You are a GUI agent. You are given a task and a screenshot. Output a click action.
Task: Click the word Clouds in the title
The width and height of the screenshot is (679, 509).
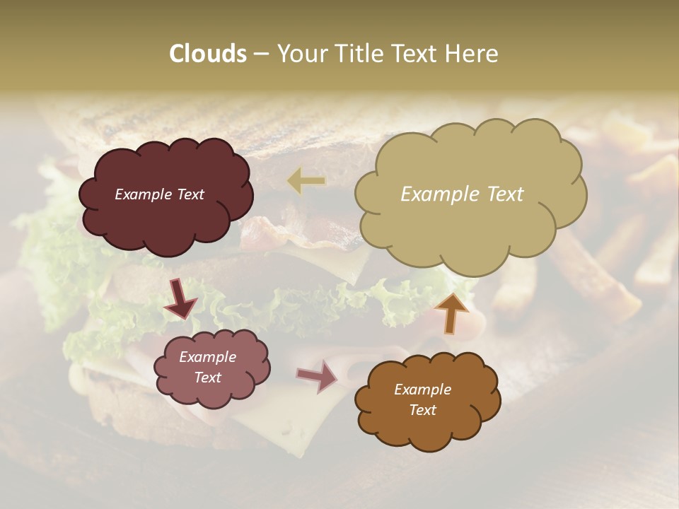coord(207,54)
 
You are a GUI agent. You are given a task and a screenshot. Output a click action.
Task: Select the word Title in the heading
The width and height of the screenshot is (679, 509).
coord(356,54)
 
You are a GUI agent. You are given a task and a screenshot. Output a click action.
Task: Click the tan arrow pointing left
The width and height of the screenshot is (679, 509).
coord(306,181)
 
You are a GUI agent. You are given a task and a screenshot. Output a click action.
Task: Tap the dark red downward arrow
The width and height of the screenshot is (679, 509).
coord(182,298)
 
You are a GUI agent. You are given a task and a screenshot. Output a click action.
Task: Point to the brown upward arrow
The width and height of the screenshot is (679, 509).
coord(451,312)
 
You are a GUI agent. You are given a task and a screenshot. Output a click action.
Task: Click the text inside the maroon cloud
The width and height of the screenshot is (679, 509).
coord(159,194)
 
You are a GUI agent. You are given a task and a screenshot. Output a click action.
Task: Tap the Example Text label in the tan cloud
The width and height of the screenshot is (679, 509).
coord(462,194)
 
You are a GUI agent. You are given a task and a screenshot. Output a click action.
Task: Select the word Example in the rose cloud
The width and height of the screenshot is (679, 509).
coord(207,357)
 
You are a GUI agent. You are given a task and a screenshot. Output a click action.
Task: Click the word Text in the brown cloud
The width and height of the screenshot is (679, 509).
coord(422,410)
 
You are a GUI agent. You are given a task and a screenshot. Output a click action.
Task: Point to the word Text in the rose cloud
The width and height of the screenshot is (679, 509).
coord(207,378)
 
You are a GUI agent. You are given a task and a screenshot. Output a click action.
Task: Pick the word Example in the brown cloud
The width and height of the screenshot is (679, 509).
coord(422,390)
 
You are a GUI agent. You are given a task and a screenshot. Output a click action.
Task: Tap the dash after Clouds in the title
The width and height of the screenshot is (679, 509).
coord(261,54)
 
